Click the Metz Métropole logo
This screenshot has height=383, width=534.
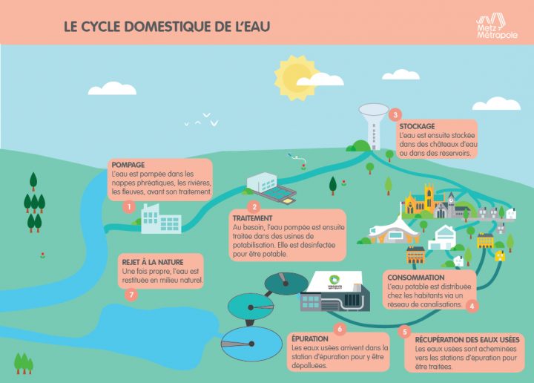point(497,27)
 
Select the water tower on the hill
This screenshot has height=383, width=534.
point(374,126)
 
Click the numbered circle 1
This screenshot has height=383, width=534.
point(129,207)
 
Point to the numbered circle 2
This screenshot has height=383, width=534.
point(254,207)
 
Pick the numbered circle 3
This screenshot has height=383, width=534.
point(395,115)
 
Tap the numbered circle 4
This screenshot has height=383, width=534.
point(472,306)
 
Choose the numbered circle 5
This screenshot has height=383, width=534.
point(405,332)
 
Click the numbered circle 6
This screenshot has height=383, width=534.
point(340,329)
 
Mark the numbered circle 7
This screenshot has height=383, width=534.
point(131,295)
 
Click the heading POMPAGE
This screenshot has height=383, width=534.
point(128,165)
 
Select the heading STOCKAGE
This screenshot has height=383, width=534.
point(417,126)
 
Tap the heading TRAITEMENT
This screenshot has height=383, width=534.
point(252,218)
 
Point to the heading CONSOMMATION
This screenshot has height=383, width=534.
point(416,278)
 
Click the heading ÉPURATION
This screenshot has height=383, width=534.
point(309,338)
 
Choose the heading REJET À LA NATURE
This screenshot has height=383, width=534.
point(153,262)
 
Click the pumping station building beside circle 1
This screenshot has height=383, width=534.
point(161,219)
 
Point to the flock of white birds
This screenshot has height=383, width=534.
point(201,120)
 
